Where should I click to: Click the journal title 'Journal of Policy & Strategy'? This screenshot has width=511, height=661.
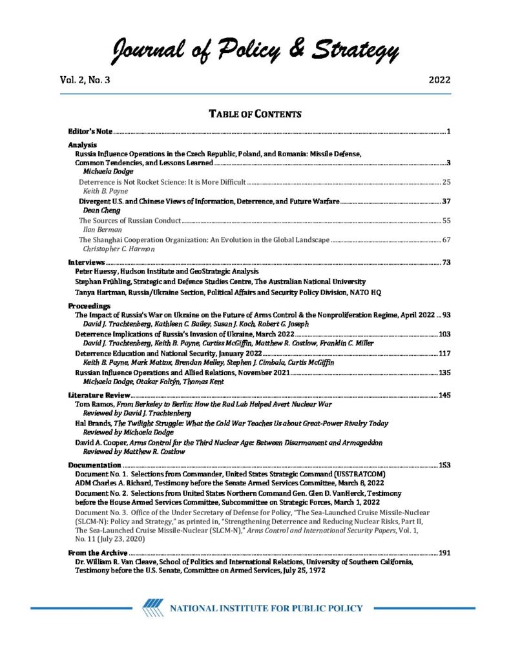255,50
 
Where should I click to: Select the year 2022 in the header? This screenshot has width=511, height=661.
439,81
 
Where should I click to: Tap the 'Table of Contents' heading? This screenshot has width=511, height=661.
255,115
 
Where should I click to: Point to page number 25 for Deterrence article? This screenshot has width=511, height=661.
445,183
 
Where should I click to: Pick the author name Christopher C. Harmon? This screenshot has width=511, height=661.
119,249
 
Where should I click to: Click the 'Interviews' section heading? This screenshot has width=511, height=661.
86,263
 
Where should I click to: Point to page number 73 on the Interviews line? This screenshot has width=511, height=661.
446,263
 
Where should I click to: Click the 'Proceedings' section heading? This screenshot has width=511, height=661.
89,305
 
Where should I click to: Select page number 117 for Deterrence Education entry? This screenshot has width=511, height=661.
443,354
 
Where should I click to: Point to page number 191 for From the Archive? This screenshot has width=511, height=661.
443,553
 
